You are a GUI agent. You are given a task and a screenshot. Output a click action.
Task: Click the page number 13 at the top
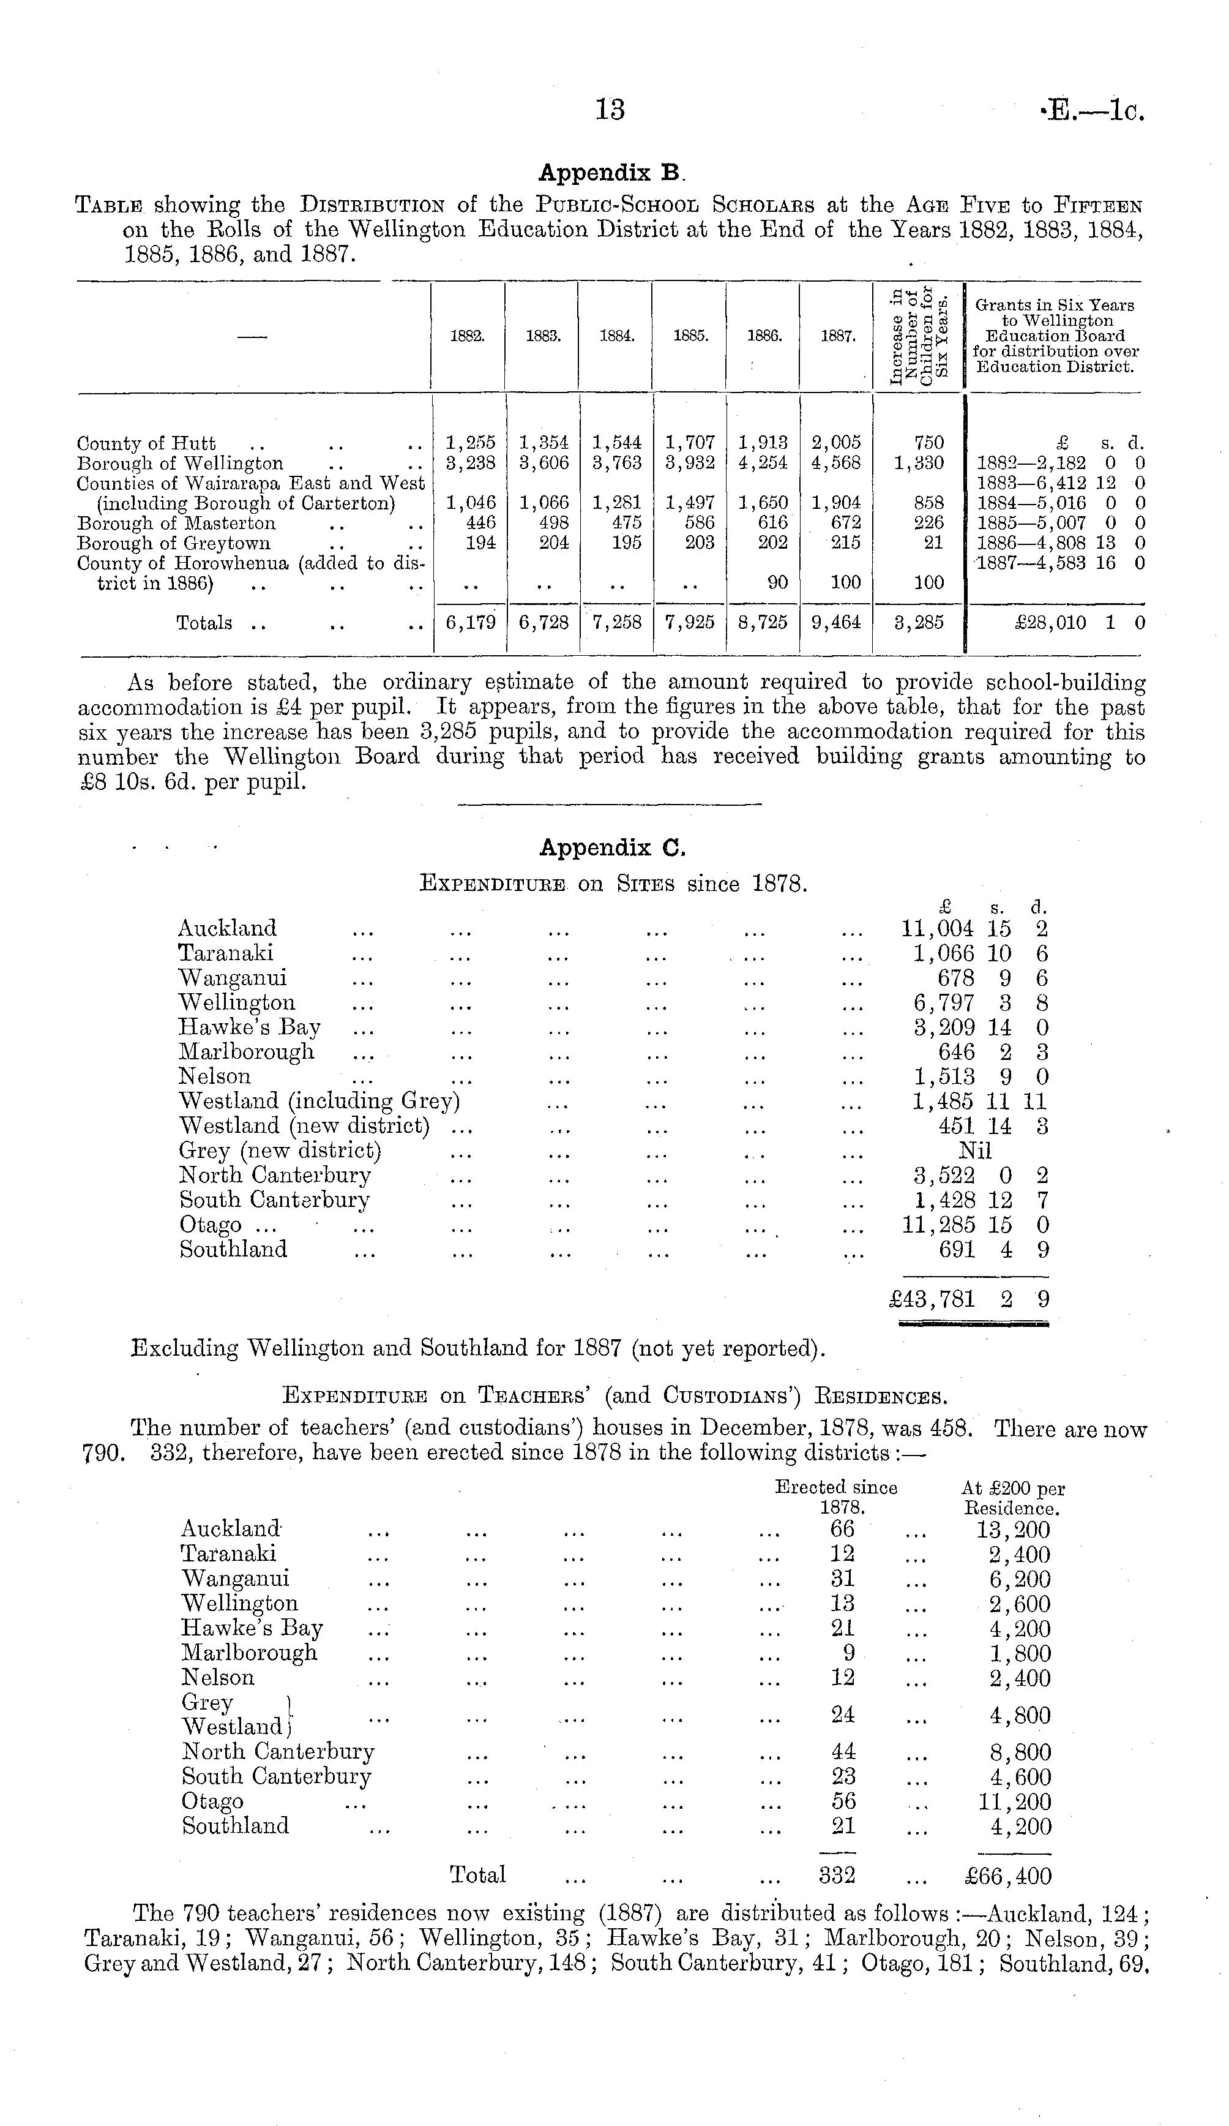[x=610, y=110]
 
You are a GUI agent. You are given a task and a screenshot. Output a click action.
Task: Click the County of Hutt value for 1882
[x=471, y=443]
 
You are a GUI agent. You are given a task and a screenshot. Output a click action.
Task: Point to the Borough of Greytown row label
[x=174, y=543]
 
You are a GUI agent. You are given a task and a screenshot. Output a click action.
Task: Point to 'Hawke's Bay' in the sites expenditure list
[x=250, y=1027]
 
